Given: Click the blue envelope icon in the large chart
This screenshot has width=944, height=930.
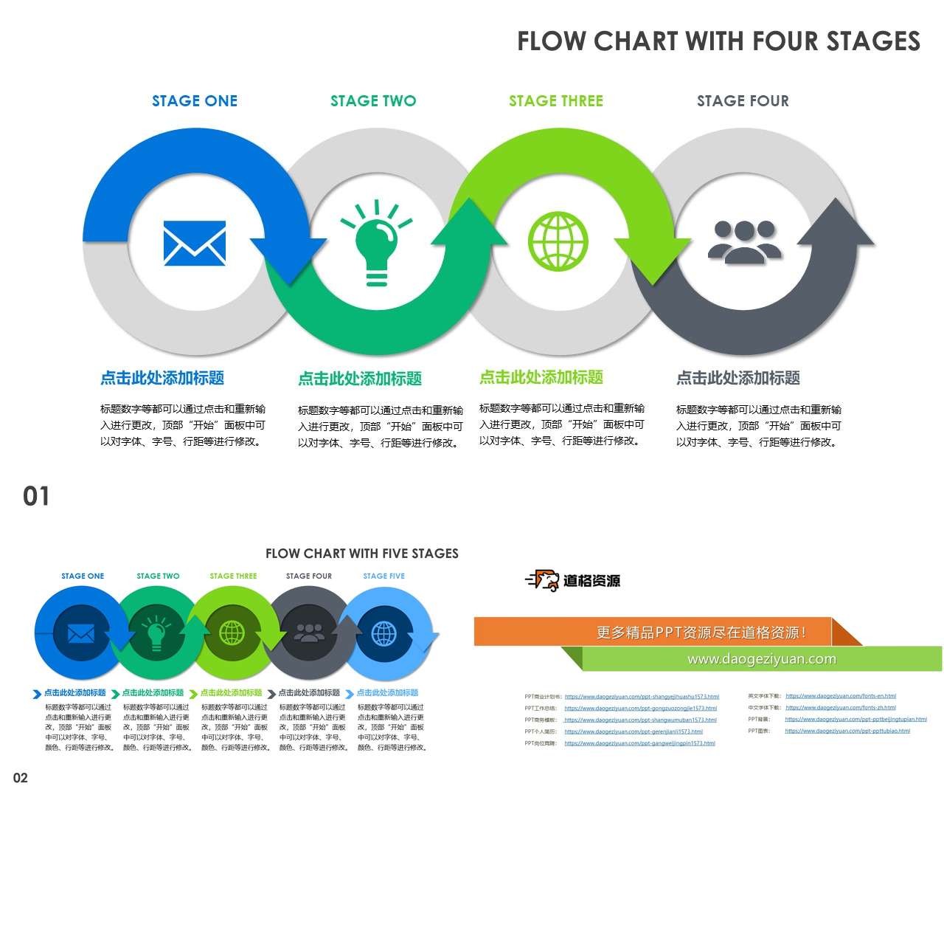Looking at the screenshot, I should pyautogui.click(x=195, y=244).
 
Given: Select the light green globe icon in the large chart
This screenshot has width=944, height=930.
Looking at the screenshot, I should pyautogui.click(x=558, y=242).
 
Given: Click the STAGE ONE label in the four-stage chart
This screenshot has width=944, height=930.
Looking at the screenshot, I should pyautogui.click(x=195, y=101).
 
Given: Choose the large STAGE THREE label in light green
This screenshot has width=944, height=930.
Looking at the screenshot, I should pyautogui.click(x=556, y=101).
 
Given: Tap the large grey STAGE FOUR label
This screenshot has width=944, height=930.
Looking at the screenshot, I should pyautogui.click(x=743, y=101).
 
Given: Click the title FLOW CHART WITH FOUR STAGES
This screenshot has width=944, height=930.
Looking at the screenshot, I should pyautogui.click(x=718, y=41).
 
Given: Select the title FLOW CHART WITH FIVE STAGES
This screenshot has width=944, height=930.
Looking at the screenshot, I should pyautogui.click(x=362, y=554).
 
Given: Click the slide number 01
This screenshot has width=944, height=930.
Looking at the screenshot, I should pyautogui.click(x=36, y=497).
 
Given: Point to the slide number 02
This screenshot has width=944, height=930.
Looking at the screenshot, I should pyautogui.click(x=21, y=778).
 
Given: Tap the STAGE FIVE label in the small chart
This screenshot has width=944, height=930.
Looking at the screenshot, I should pyautogui.click(x=384, y=576).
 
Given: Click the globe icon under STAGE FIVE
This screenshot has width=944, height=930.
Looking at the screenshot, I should pyautogui.click(x=384, y=633).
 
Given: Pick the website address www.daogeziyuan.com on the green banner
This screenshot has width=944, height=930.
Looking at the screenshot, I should pyautogui.click(x=761, y=659).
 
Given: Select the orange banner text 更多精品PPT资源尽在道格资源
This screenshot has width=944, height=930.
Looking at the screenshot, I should pyautogui.click(x=701, y=633).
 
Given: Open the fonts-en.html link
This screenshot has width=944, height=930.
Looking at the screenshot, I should pyautogui.click(x=841, y=696).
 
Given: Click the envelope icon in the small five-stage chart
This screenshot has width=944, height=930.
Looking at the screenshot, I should pyautogui.click(x=81, y=633).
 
